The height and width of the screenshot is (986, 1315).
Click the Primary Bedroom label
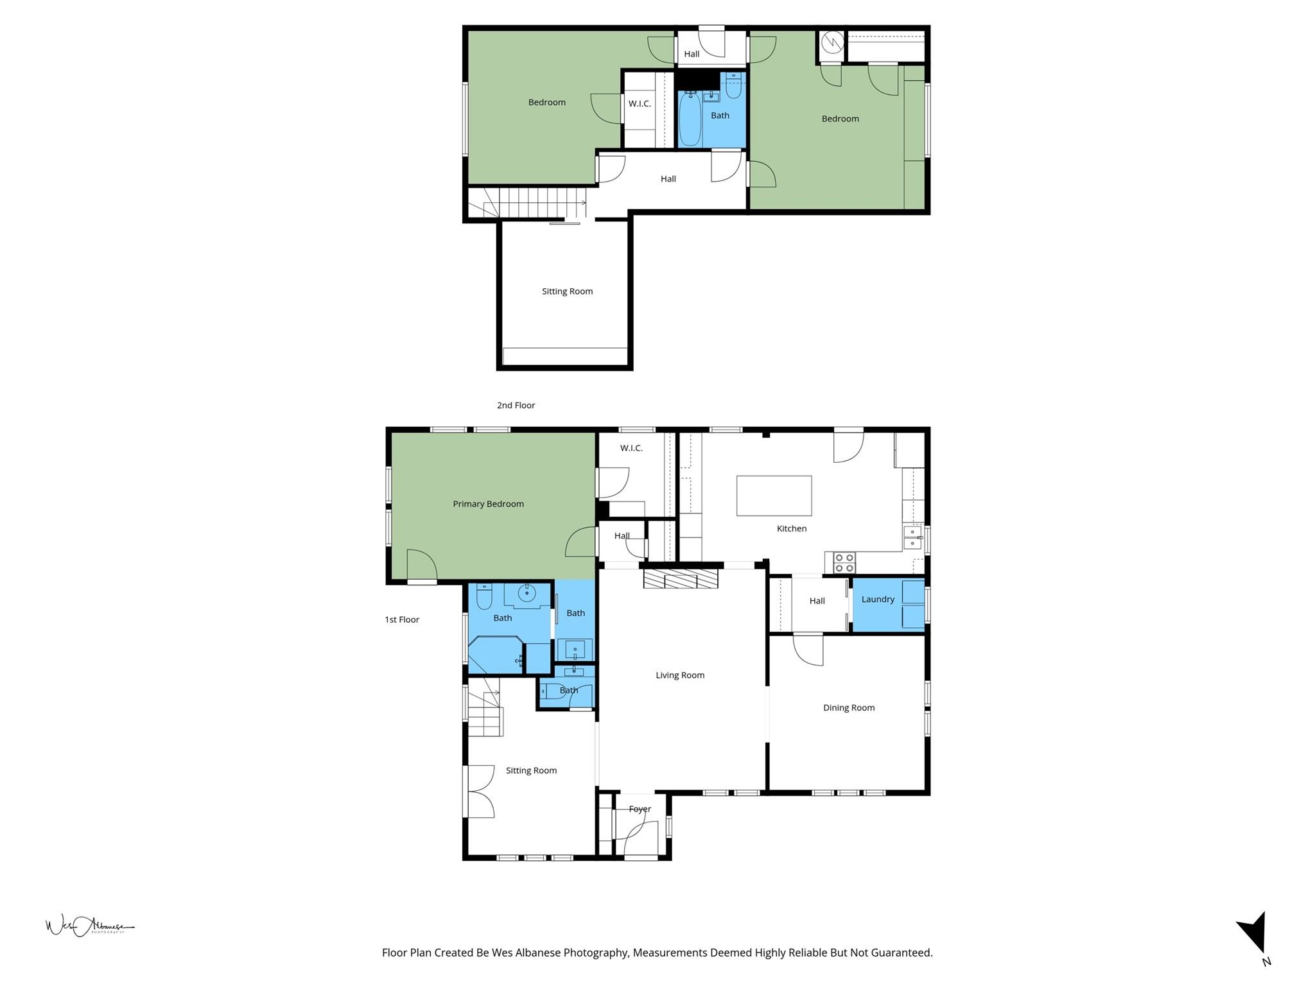pyautogui.click(x=488, y=504)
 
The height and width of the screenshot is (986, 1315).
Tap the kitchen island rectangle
pyautogui.click(x=774, y=496)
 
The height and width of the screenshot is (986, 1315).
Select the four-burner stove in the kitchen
pyautogui.click(x=844, y=563)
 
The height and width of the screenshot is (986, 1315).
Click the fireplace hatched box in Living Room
pyautogui.click(x=681, y=579)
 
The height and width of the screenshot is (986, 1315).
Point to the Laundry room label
pyautogui.click(x=877, y=599)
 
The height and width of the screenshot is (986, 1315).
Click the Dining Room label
pyautogui.click(x=848, y=707)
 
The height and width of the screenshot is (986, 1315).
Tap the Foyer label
pyautogui.click(x=640, y=809)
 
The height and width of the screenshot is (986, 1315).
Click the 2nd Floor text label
pyautogui.click(x=516, y=405)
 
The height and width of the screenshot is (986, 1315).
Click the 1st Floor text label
pyautogui.click(x=402, y=619)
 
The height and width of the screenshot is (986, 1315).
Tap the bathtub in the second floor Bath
pyautogui.click(x=690, y=119)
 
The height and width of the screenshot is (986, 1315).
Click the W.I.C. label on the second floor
pyautogui.click(x=639, y=103)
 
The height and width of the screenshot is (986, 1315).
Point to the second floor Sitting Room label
pyautogui.click(x=567, y=291)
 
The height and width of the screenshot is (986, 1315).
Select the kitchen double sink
pyautogui.click(x=912, y=538)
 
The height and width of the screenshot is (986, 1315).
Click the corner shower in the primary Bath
pyautogui.click(x=494, y=655)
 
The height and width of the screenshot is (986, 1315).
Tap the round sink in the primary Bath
pyautogui.click(x=527, y=594)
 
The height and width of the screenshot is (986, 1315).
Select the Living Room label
pyautogui.click(x=680, y=675)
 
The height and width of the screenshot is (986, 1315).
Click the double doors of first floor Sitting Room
pyautogui.click(x=480, y=791)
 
